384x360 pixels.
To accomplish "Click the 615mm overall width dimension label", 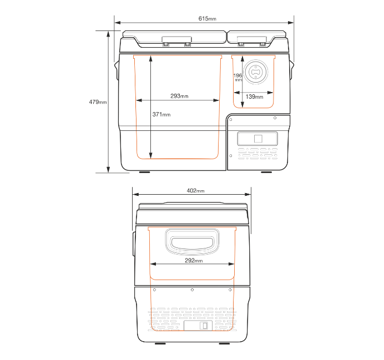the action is [x=207, y=18].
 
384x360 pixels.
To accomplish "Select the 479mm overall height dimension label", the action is [x=98, y=102].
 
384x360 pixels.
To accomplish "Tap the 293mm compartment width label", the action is [x=179, y=96].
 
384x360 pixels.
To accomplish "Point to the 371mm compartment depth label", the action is [x=161, y=114].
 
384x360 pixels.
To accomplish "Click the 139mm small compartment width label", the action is [x=254, y=97].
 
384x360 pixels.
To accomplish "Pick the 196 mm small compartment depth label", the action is [x=238, y=77].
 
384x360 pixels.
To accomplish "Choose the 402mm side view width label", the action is [x=195, y=190].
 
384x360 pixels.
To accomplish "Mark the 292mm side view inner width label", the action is [x=194, y=260].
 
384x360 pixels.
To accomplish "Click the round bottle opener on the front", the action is [x=255, y=72].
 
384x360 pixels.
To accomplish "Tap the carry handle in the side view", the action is [x=192, y=242].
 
